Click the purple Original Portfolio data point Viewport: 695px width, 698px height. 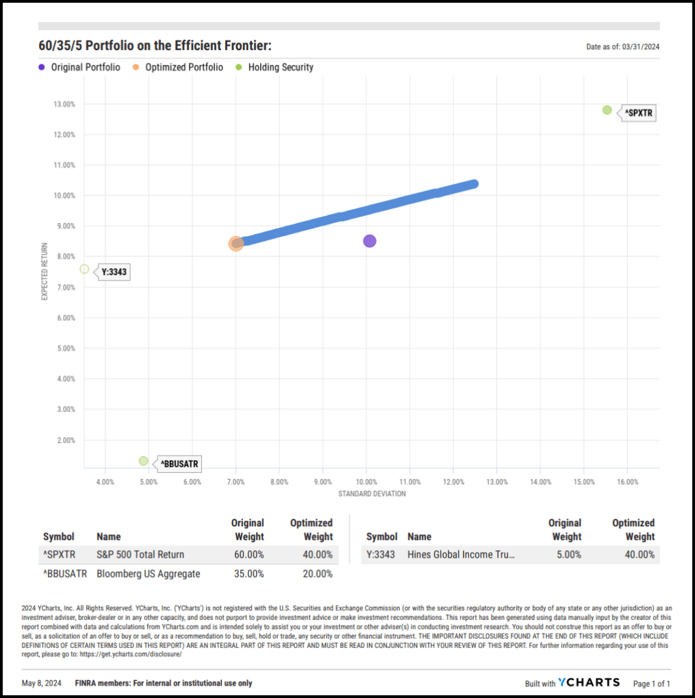coord(370,241)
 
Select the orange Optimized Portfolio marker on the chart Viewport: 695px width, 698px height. coord(236,243)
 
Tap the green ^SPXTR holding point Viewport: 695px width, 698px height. coord(607,110)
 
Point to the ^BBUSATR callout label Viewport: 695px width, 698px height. coord(180,464)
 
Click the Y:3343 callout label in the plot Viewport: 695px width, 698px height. coord(114,272)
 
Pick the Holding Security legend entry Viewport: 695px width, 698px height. coord(280,67)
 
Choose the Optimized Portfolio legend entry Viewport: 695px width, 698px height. coord(184,67)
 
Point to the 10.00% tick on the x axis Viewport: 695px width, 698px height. coord(366,482)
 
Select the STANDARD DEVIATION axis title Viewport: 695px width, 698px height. coord(372,493)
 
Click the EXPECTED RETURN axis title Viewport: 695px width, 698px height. coord(45,271)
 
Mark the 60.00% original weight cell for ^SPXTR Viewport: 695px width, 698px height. coord(248,554)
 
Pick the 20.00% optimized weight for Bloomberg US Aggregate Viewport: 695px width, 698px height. coord(316,573)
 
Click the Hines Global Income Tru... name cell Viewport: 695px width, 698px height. coord(461,554)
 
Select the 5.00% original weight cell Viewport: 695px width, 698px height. coord(566,554)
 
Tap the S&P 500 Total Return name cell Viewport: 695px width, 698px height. coord(140,554)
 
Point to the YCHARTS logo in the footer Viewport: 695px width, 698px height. coord(589,682)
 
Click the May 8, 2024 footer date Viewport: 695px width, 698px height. coord(42,683)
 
